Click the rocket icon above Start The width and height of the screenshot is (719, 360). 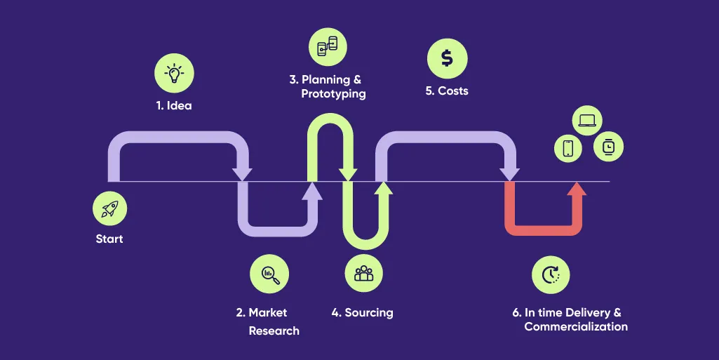click(x=109, y=208)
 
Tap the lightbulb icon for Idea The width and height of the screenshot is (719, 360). click(x=173, y=73)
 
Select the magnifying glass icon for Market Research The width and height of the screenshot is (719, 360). click(x=269, y=274)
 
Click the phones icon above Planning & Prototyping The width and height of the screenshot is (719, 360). click(x=328, y=46)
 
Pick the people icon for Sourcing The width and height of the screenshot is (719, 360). click(x=363, y=274)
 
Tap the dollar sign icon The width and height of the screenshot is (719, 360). click(x=447, y=58)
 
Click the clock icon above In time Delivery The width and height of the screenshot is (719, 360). click(x=550, y=274)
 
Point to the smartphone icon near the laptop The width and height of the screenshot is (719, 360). click(x=568, y=148)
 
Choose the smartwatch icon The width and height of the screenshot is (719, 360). click(x=608, y=147)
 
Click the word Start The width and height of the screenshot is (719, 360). click(x=109, y=239)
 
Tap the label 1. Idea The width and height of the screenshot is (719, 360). click(x=173, y=107)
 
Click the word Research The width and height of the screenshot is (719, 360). click(x=274, y=331)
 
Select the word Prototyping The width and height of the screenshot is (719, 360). click(x=333, y=93)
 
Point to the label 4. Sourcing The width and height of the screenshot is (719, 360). click(x=362, y=312)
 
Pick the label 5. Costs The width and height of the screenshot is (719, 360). click(x=446, y=91)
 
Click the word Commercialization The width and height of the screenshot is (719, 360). click(x=576, y=327)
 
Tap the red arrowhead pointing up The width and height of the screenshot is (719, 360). click(x=577, y=191)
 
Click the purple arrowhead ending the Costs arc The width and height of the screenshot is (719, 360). click(x=509, y=173)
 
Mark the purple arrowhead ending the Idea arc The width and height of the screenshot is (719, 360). click(x=243, y=173)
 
